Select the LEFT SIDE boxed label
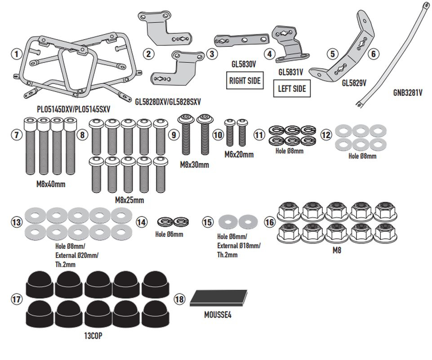292,89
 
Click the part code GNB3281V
408,94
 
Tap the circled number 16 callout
270,222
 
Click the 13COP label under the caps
98,335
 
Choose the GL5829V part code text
354,83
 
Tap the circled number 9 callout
174,134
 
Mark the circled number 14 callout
142,222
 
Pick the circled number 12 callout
326,134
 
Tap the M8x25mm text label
129,200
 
